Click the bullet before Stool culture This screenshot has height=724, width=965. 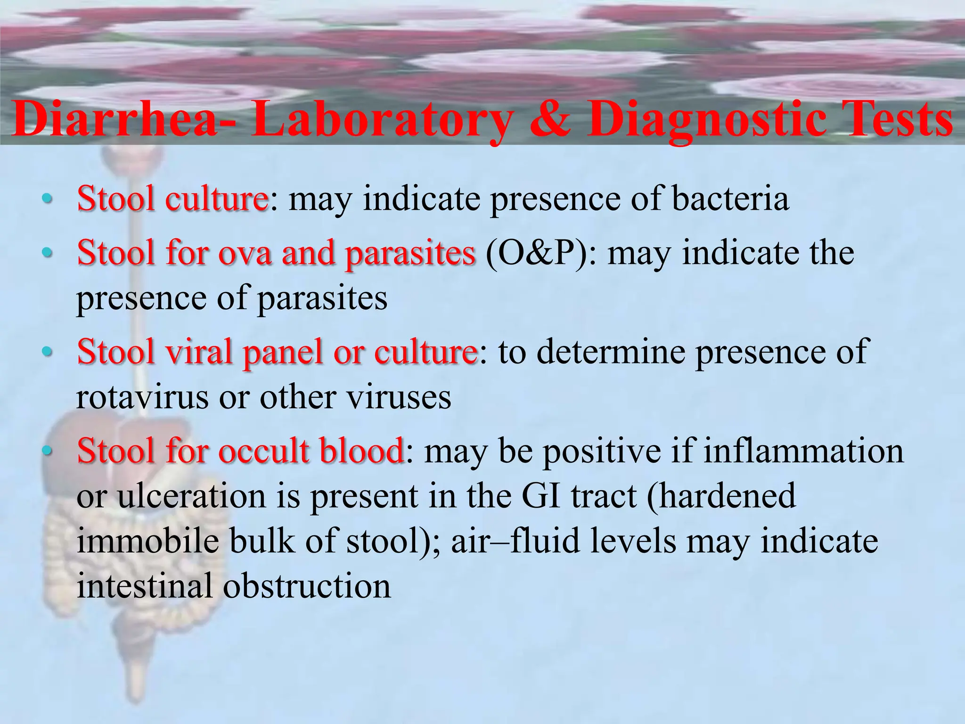click(x=46, y=199)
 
